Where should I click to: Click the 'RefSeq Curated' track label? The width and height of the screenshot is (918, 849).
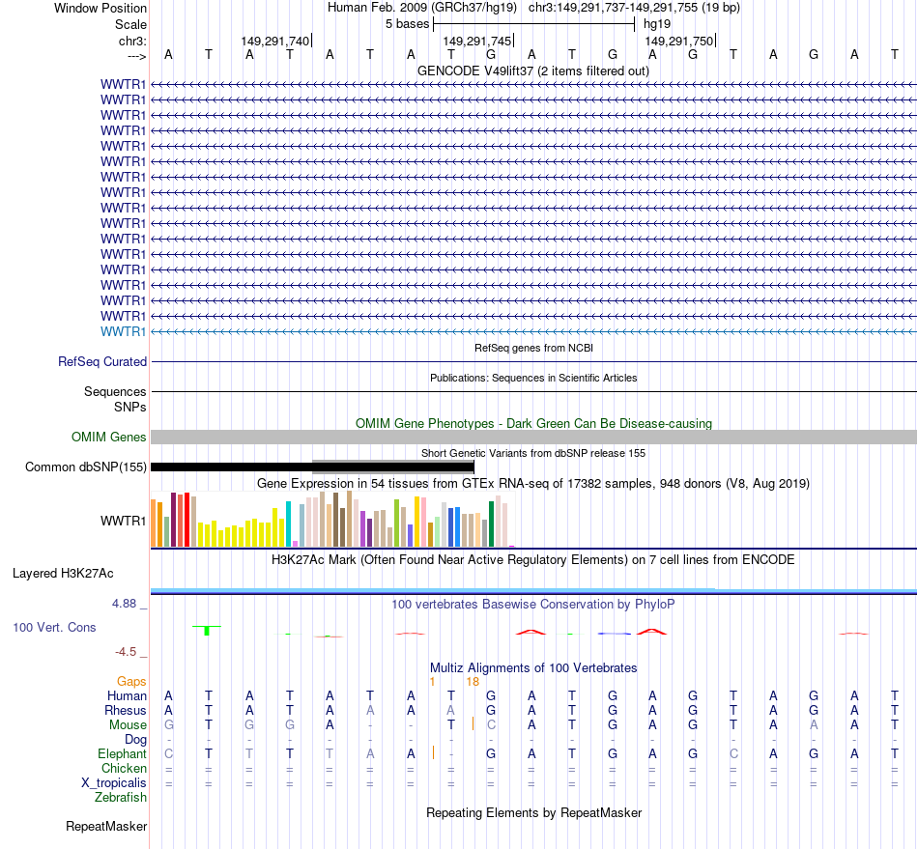pyautogui.click(x=102, y=361)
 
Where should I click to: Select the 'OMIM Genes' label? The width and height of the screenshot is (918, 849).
pyautogui.click(x=108, y=438)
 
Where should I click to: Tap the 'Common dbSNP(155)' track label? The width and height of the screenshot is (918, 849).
pyautogui.click(x=85, y=467)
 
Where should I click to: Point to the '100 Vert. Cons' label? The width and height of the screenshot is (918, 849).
pyautogui.click(x=54, y=628)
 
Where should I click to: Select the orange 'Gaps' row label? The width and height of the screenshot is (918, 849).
pyautogui.click(x=131, y=681)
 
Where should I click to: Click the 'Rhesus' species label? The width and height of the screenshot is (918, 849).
pyautogui.click(x=126, y=710)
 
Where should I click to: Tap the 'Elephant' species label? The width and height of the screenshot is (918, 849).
pyautogui.click(x=122, y=753)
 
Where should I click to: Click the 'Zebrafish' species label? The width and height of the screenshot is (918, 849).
pyautogui.click(x=121, y=797)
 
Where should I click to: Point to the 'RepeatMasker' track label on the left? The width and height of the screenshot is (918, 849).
pyautogui.click(x=106, y=827)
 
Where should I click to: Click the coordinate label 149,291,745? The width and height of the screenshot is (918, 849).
pyautogui.click(x=476, y=41)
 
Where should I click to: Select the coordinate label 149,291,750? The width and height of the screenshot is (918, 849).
pyautogui.click(x=678, y=41)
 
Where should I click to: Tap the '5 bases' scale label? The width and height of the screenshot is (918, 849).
pyautogui.click(x=406, y=23)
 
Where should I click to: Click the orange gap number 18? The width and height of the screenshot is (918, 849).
pyautogui.click(x=473, y=681)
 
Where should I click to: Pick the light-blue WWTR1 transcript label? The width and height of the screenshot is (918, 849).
pyautogui.click(x=124, y=331)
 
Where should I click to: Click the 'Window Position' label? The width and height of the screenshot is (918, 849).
pyautogui.click(x=100, y=8)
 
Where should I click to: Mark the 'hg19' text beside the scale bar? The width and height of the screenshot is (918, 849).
pyautogui.click(x=657, y=23)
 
